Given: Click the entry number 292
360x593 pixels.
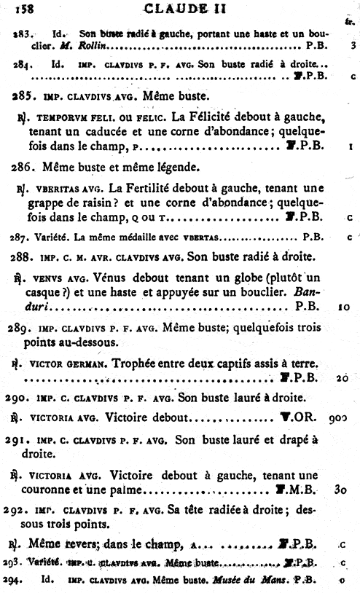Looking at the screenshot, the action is click(24, 511).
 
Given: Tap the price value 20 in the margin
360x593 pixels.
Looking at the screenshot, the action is click(343, 377).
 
